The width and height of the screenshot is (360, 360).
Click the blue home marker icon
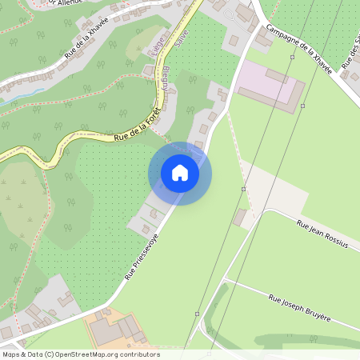point(180,173)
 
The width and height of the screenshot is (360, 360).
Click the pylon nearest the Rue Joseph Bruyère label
point(197,314)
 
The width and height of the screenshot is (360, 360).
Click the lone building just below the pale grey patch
point(240,217)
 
